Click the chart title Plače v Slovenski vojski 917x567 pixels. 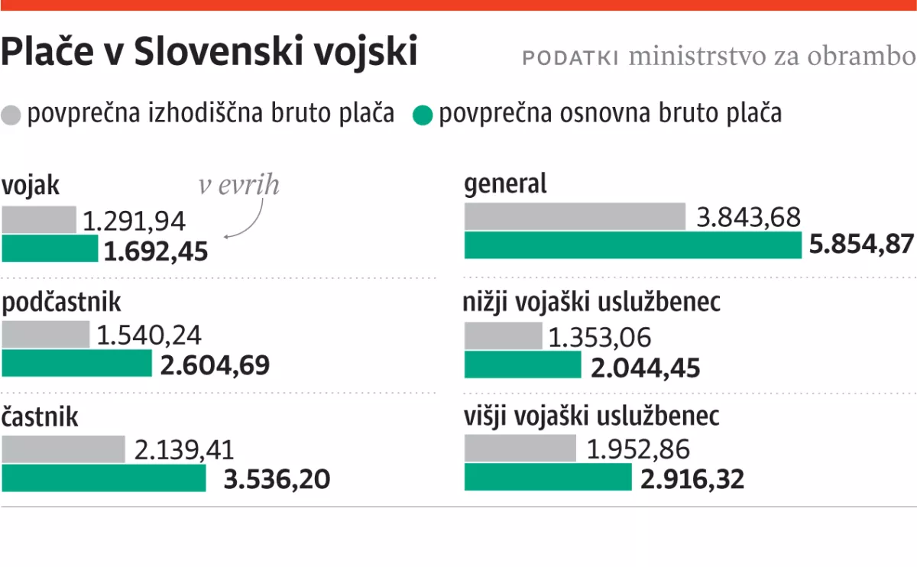[209, 53]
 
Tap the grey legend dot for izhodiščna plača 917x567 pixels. [11, 115]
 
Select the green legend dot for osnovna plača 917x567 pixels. [423, 115]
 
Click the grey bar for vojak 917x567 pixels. [39, 219]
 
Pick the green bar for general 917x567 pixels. [633, 245]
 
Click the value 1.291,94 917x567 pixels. [134, 222]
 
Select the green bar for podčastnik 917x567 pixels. [77, 364]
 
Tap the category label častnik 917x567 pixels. [41, 418]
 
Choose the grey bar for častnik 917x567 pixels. [63, 449]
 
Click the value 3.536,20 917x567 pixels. [277, 480]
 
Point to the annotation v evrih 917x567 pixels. [239, 185]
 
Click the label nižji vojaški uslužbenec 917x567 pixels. [591, 303]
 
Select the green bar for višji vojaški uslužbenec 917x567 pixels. [548, 477]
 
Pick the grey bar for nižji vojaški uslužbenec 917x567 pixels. [503, 336]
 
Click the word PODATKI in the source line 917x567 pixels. [570, 58]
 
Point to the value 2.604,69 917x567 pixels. [215, 365]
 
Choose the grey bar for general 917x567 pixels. [575, 217]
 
